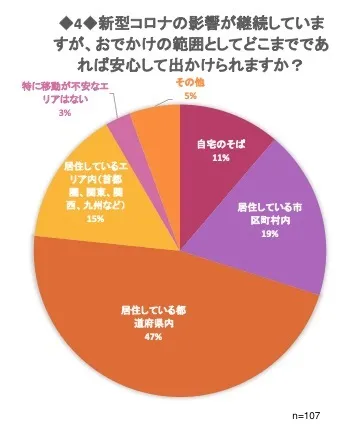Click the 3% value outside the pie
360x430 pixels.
click(64, 114)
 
